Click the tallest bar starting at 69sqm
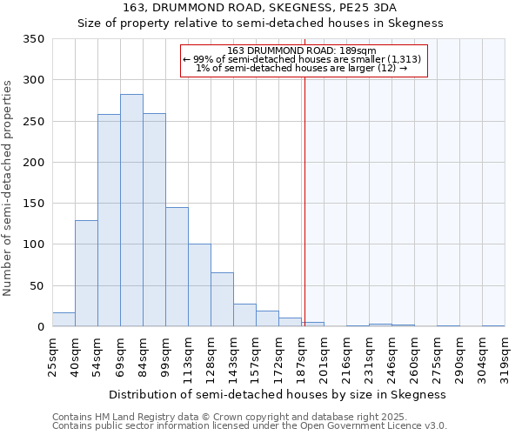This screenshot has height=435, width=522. click(x=131, y=211)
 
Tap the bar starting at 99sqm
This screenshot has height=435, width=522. click(x=177, y=266)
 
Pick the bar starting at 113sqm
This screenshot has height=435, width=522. click(x=199, y=285)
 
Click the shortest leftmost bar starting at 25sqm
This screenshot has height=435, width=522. click(x=64, y=319)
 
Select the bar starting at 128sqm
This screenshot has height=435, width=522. click(x=222, y=299)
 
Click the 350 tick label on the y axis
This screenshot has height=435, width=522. click(x=33, y=39)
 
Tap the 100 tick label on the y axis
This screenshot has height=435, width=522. click(x=33, y=244)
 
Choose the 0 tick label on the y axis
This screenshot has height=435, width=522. click(x=40, y=327)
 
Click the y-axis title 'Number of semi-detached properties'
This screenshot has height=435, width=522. click(x=9, y=187)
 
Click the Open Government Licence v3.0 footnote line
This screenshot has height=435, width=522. click(x=250, y=426)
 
